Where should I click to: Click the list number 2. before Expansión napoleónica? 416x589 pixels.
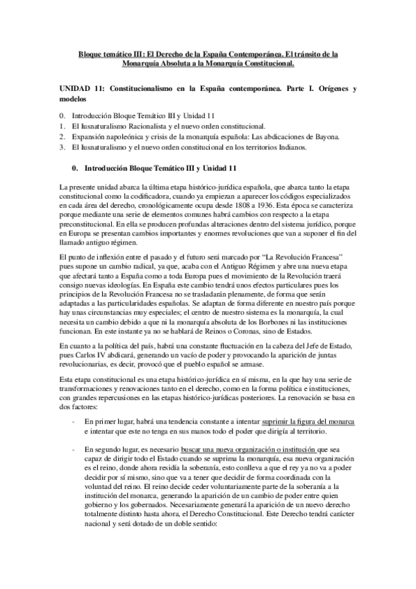point(63,138)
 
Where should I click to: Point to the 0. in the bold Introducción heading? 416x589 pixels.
point(75,168)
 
